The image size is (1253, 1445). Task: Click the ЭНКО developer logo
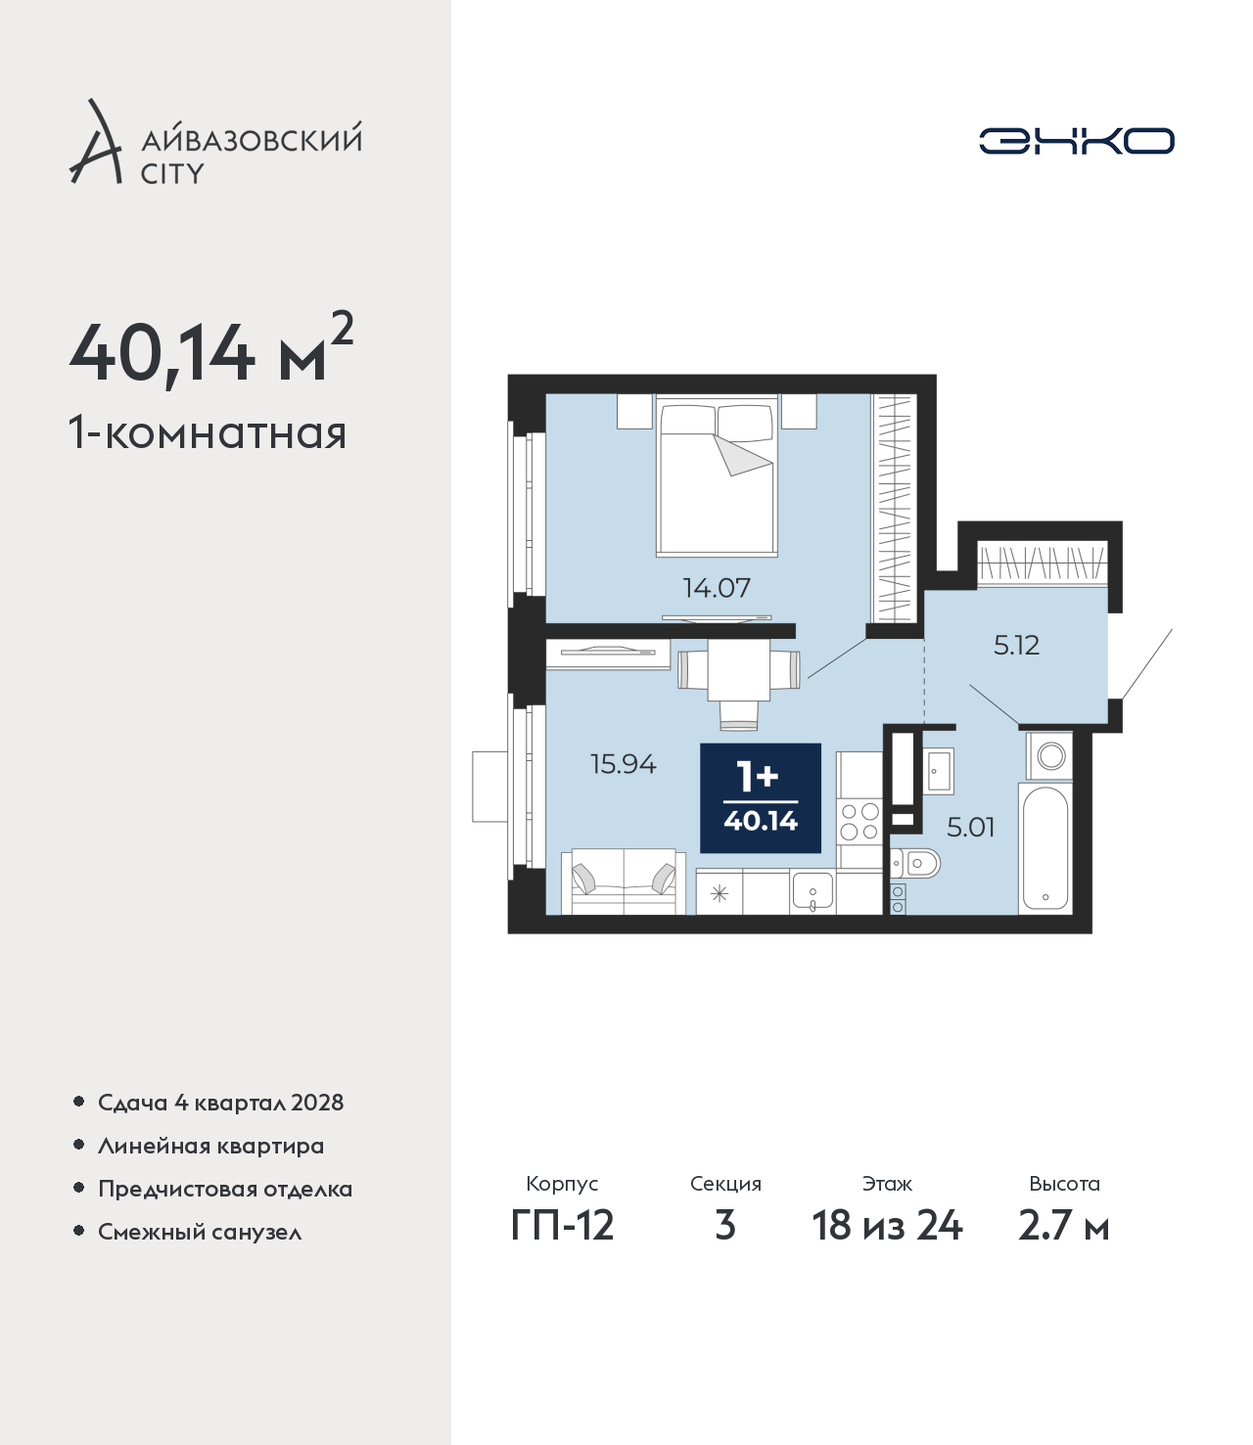[x=1076, y=141]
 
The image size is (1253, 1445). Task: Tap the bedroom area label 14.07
[x=717, y=587]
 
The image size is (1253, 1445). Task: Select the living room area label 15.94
[x=624, y=763]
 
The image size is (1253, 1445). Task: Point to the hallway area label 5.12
[x=1016, y=645]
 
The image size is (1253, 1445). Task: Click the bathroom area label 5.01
[x=970, y=827]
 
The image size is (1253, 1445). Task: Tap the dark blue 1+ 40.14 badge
[x=761, y=797]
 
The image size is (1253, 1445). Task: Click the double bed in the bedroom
[x=718, y=475]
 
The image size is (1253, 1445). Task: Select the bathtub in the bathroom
[x=1045, y=848]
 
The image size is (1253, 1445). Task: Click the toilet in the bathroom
[x=916, y=864]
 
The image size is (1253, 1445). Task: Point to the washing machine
[x=1049, y=755]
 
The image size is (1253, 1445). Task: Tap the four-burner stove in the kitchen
[x=859, y=822]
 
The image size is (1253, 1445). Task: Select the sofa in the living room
[x=624, y=881]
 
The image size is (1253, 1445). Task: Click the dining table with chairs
[x=739, y=682]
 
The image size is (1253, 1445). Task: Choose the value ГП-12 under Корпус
[x=563, y=1226]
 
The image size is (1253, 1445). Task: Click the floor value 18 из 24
[x=887, y=1226]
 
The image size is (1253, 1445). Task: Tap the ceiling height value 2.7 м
[x=1064, y=1226]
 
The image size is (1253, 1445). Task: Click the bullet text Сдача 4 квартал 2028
[x=221, y=1103]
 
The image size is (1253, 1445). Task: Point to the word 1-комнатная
[x=208, y=433]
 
